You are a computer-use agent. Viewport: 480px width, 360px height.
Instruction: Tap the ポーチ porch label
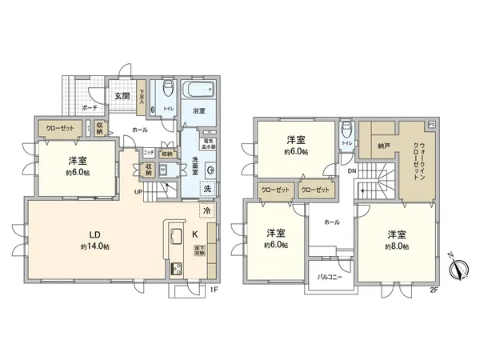pos(90,106)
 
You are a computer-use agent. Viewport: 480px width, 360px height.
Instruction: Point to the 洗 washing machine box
pos(208,189)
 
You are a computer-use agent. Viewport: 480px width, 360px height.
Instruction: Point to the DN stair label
pos(351,171)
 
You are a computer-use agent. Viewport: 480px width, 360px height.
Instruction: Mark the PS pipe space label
pos(432,126)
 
